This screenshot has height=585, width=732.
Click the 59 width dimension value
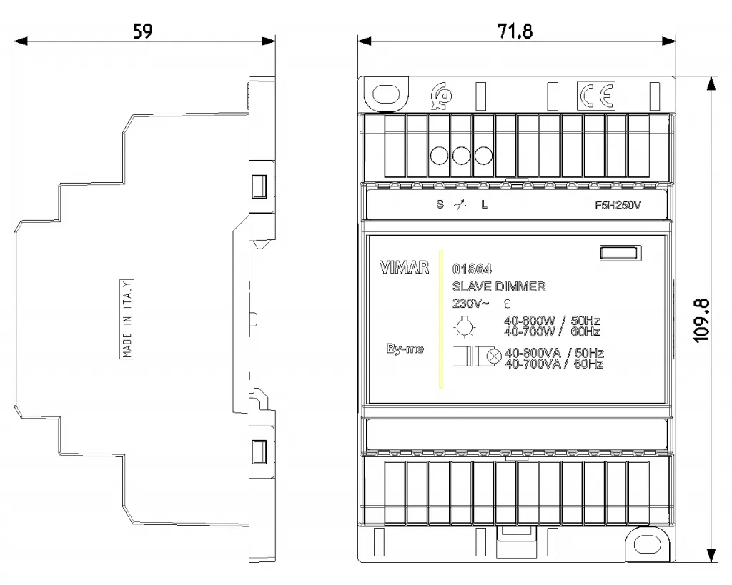(x=143, y=31)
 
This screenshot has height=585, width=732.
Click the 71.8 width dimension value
(x=515, y=31)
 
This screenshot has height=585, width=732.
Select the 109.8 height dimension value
(x=702, y=321)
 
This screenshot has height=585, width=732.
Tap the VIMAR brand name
(x=405, y=267)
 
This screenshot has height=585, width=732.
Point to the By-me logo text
(x=405, y=349)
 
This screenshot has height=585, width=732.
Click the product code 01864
(x=472, y=269)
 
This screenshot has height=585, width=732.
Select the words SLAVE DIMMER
(x=499, y=286)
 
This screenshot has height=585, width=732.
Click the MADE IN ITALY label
(x=127, y=319)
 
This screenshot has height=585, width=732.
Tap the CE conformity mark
(x=596, y=96)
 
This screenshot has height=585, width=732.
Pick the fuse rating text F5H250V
(x=618, y=205)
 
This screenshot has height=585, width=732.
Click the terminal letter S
(x=440, y=204)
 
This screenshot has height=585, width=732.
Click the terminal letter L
(x=485, y=204)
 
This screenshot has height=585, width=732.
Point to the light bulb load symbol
(x=464, y=326)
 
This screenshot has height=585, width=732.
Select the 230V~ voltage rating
(x=470, y=304)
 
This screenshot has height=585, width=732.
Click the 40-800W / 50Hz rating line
(x=553, y=321)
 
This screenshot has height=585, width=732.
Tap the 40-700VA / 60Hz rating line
(x=554, y=364)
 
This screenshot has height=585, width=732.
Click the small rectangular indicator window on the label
(x=620, y=254)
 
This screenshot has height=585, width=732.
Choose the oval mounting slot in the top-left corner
(x=387, y=94)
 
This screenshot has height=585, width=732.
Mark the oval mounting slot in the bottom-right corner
(x=648, y=544)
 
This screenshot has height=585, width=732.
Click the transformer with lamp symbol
(x=477, y=356)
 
